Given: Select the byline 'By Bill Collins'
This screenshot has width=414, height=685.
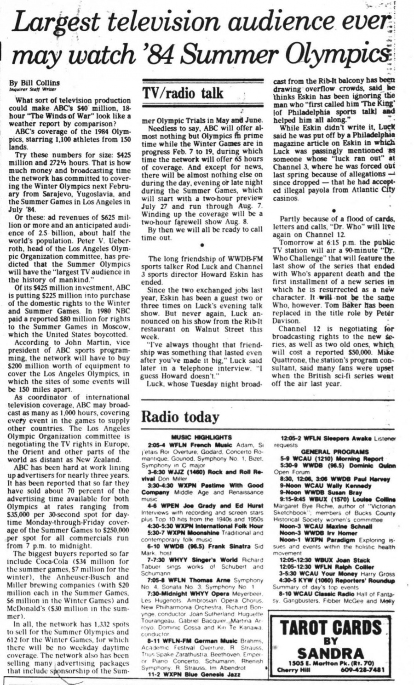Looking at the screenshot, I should click(34, 83).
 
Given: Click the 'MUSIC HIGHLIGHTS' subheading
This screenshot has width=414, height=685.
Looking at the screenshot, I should click(201, 438).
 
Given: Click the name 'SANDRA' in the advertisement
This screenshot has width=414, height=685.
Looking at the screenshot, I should click(331, 653).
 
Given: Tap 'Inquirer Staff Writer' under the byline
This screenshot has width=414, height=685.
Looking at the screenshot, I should click(32, 89).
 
